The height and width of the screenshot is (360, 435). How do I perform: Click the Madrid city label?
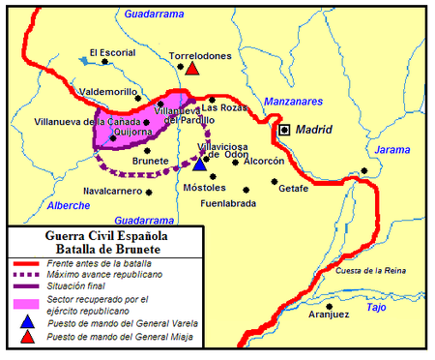coord(314,130)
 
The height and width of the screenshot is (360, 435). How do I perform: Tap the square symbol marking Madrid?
coord(284,129)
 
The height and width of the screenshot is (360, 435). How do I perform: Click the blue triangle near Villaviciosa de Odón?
coord(199,164)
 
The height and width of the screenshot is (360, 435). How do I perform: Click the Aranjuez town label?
coord(330,315)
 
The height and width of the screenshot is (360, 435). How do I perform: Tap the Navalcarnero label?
coord(111,191)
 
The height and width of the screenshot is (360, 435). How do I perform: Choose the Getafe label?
coord(293,189)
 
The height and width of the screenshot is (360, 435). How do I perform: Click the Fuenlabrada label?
coord(228,204)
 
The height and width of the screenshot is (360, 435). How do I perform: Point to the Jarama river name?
coord(391,150)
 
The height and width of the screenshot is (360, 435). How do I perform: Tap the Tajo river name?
coord(377,307)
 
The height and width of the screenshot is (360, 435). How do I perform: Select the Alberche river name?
coord(68,205)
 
